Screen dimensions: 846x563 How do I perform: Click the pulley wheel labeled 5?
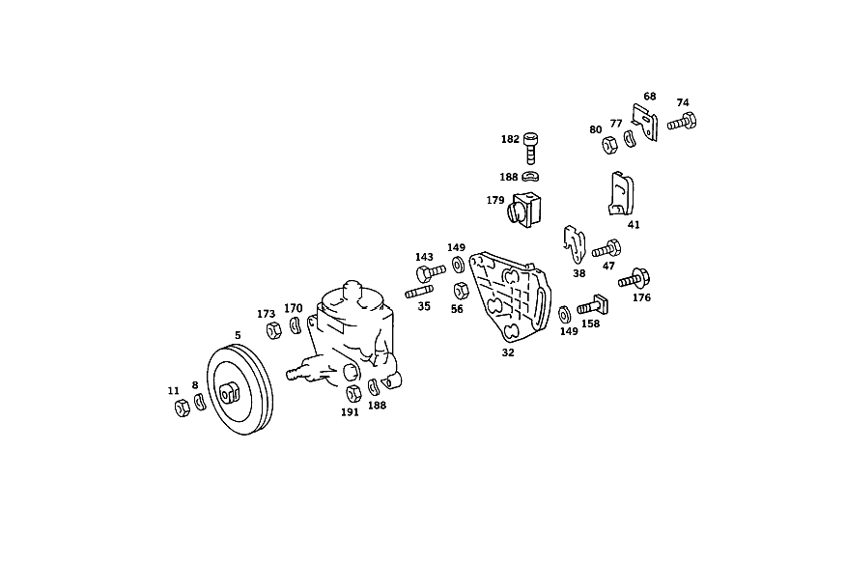click(x=240, y=389)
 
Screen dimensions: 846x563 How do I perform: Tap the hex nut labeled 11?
click(x=183, y=408)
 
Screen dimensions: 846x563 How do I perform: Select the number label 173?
click(x=266, y=314)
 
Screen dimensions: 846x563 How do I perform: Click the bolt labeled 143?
click(x=431, y=272)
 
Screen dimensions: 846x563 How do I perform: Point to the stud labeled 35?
click(x=419, y=292)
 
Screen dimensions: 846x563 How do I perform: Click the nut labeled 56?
click(x=462, y=291)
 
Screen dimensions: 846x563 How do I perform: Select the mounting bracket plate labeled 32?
click(x=510, y=297)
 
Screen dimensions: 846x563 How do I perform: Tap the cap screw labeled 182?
click(x=531, y=148)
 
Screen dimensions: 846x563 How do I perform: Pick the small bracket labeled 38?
click(x=575, y=243)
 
